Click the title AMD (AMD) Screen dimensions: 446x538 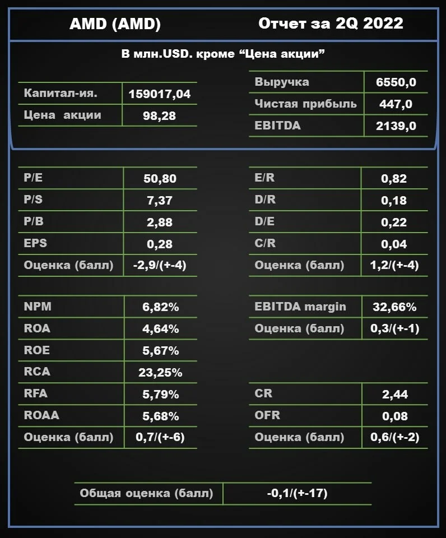pyautogui.click(x=115, y=24)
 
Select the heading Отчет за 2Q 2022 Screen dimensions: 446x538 pyautogui.click(x=331, y=24)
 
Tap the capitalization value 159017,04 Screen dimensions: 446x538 pyautogui.click(x=160, y=94)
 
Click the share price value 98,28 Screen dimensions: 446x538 pyautogui.click(x=159, y=116)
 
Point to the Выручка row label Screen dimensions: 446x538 pyautogui.click(x=282, y=82)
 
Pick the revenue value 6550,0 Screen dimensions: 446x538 pyautogui.click(x=396, y=82)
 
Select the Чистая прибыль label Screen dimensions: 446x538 pyautogui.click(x=306, y=104)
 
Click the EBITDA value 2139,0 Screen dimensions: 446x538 pyautogui.click(x=396, y=126)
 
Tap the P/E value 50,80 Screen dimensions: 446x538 pyautogui.click(x=160, y=178)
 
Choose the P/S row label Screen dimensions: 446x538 pyautogui.click(x=33, y=200)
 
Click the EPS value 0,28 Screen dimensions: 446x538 pyautogui.click(x=160, y=244)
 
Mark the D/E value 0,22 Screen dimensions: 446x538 pyautogui.click(x=394, y=222)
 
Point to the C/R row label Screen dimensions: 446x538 pyautogui.click(x=265, y=243)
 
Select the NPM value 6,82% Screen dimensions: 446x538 pyautogui.click(x=161, y=307)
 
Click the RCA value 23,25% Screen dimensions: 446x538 pyautogui.click(x=160, y=372)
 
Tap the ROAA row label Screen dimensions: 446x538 pyautogui.click(x=41, y=415)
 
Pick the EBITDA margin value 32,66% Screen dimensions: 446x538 pyautogui.click(x=394, y=307)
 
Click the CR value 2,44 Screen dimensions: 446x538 pyautogui.click(x=395, y=394)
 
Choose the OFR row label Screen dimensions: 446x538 pyautogui.click(x=267, y=415)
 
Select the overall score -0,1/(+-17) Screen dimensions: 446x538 pyautogui.click(x=297, y=493)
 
